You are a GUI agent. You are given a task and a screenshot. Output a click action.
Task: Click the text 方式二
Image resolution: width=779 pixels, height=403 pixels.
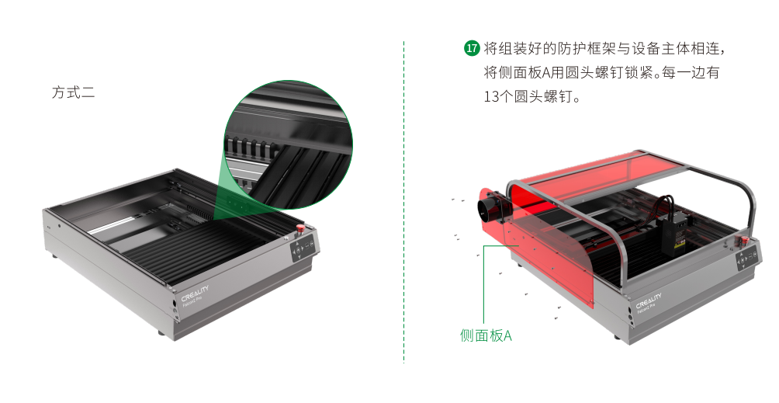click(74, 92)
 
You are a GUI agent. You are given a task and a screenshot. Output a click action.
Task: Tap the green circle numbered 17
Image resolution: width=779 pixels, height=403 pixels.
click(472, 48)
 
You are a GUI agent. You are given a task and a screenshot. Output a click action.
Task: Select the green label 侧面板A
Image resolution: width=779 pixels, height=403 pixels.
click(486, 335)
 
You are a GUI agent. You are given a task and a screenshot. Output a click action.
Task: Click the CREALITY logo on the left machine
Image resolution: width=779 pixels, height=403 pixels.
click(195, 293)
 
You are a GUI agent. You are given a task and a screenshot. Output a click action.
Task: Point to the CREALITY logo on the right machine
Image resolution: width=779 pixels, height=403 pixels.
click(649, 300)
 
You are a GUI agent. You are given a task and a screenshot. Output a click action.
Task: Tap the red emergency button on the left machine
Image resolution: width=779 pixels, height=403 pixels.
click(300, 228)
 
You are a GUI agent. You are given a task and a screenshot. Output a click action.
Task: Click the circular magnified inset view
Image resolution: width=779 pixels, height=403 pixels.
click(289, 144)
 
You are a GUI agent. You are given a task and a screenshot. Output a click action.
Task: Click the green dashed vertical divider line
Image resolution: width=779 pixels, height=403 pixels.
click(403, 202)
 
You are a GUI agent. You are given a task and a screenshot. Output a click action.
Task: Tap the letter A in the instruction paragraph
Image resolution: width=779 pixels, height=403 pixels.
click(546, 72)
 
